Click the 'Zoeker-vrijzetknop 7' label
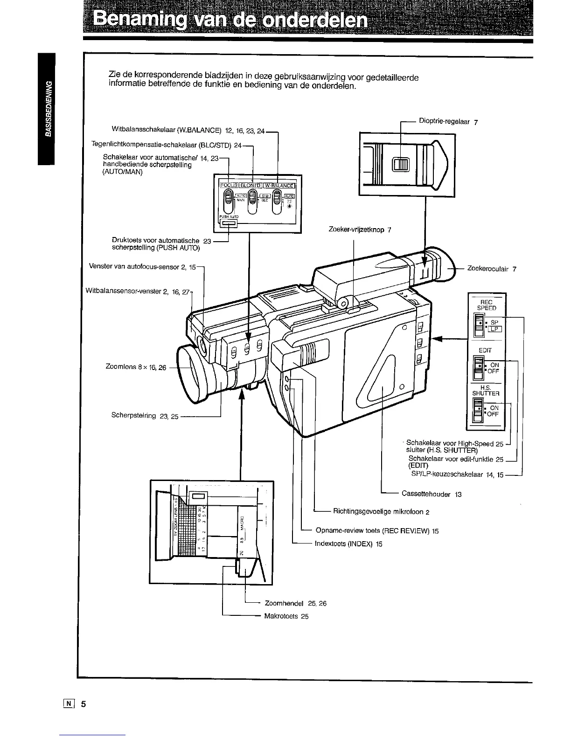point(360,230)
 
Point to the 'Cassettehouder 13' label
point(431,494)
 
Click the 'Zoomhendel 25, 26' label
point(295,603)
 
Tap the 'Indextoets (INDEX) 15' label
point(348,544)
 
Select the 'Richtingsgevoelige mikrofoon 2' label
point(381,512)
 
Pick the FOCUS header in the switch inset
point(228,184)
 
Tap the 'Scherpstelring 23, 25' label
point(145,416)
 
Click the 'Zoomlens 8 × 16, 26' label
point(136,367)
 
